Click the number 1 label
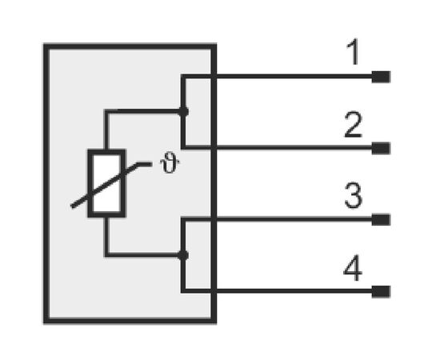point(354,52)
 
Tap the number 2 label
point(353,124)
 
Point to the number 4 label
point(353,268)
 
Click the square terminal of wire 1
point(381,77)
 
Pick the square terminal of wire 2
point(381,148)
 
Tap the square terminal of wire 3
point(381,220)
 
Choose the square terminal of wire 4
point(381,291)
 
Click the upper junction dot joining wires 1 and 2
point(183,112)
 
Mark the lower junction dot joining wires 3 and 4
point(183,255)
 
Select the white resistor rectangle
point(106,183)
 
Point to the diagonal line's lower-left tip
point(72,207)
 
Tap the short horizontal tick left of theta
point(145,164)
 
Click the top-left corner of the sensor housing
point(44,44)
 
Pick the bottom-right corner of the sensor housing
point(215,322)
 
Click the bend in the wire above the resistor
point(106,111)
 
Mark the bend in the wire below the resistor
point(106,254)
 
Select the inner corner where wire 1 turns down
point(186,78)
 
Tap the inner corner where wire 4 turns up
point(186,289)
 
